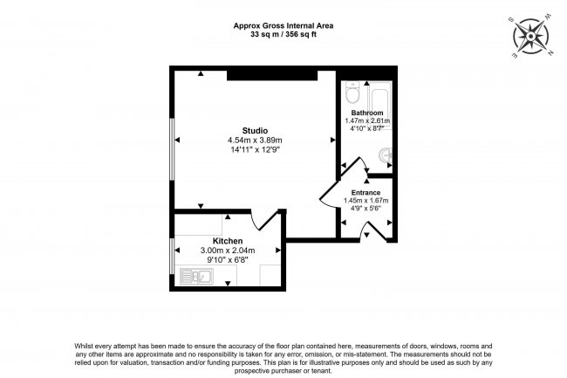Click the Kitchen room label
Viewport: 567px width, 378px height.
[x=227, y=241]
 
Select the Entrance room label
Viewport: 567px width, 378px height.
[x=365, y=192]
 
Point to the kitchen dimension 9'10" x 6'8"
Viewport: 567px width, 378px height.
[x=227, y=259]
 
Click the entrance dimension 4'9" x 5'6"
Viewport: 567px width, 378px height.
[x=365, y=210]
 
